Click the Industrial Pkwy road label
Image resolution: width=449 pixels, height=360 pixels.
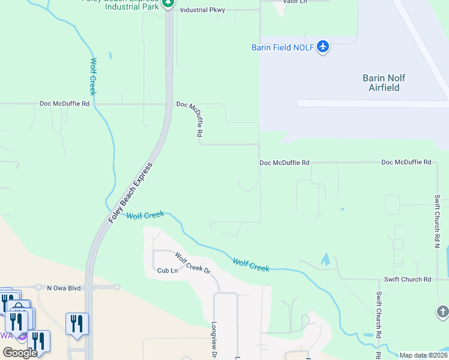click(x=202, y=10)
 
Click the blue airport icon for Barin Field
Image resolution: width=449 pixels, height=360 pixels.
click(x=323, y=47)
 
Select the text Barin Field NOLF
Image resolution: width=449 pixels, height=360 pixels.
click(x=282, y=47)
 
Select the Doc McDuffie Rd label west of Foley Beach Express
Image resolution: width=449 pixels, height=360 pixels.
click(x=64, y=103)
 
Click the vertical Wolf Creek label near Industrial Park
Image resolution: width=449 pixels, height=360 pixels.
click(x=93, y=76)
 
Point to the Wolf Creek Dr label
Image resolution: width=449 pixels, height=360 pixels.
click(x=193, y=263)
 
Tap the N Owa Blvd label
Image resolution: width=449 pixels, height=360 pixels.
click(x=64, y=288)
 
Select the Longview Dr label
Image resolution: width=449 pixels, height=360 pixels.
click(x=213, y=336)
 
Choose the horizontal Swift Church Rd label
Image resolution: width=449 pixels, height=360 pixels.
click(x=407, y=280)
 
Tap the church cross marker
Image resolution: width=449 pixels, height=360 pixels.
click(x=442, y=311)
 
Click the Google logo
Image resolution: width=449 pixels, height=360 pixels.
click(x=20, y=353)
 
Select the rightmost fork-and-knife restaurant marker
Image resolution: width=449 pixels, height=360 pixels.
click(x=77, y=323)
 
